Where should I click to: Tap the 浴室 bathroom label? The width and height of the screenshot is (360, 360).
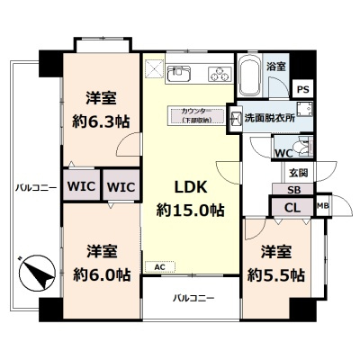click(x=275, y=67)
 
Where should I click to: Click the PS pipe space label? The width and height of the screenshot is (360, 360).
click(x=303, y=89)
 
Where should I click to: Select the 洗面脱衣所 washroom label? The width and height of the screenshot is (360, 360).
click(x=269, y=118)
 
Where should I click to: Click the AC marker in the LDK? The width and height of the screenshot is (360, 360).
click(x=159, y=267)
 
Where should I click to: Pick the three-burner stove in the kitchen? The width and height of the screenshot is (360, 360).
click(x=220, y=72)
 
